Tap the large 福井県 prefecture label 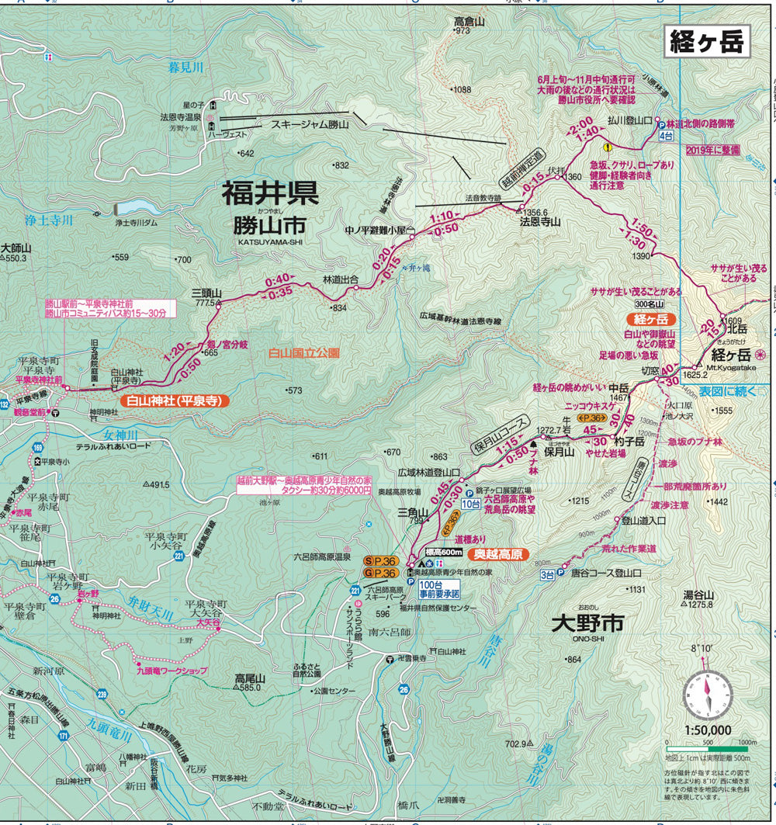[x=270, y=193]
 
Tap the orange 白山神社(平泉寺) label [x=175, y=401]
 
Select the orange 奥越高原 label [x=501, y=555]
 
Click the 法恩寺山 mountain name [x=540, y=221]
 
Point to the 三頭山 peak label [x=206, y=293]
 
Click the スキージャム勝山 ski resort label [x=310, y=124]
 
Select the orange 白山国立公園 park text [x=304, y=352]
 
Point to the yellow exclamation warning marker [x=608, y=146]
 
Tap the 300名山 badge [x=650, y=304]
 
